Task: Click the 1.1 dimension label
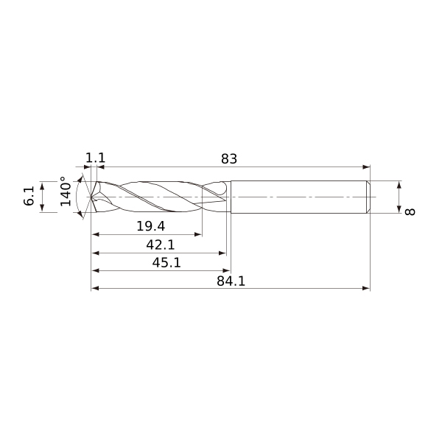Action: pos(95,158)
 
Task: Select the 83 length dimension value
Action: pos(229,159)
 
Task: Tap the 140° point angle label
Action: pos(66,192)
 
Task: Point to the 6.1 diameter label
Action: pos(29,196)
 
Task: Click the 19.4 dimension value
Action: pos(150,226)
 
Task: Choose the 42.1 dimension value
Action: pos(161,245)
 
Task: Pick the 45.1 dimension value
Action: pos(166,263)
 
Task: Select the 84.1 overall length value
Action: pos(231,281)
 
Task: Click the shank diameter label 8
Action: pos(410,211)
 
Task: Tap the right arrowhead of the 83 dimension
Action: pos(366,167)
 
